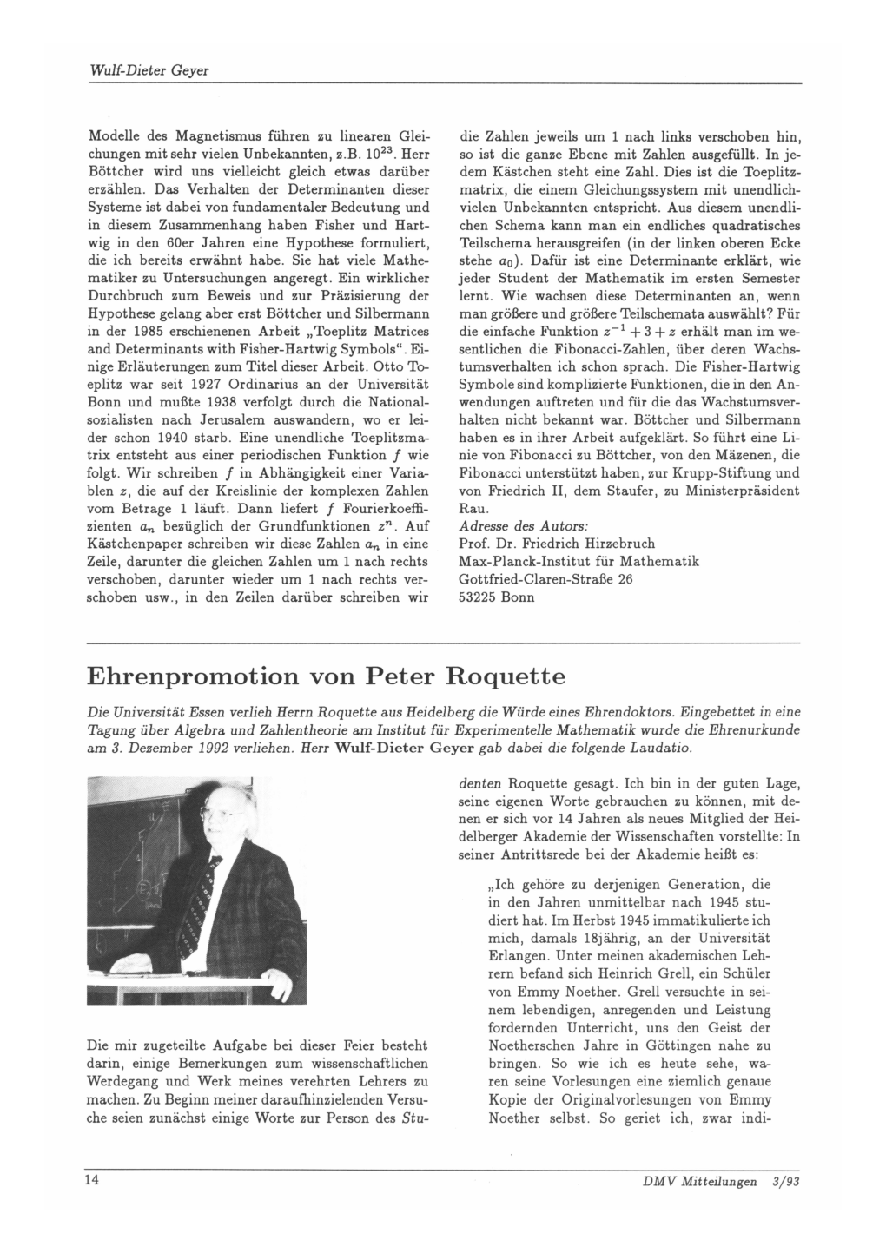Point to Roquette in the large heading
click(494, 675)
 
